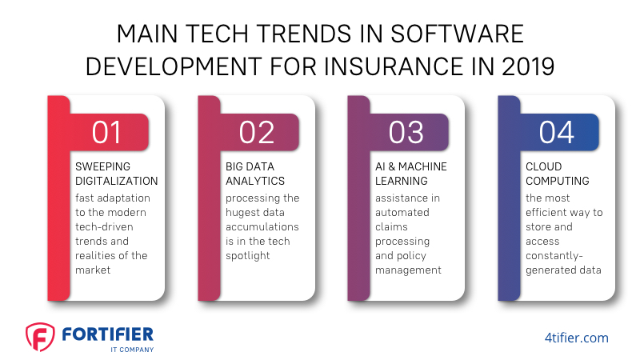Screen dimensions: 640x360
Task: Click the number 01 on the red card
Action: click(106, 132)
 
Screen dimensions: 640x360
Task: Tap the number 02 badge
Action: click(257, 132)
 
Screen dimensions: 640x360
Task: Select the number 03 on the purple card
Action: click(406, 132)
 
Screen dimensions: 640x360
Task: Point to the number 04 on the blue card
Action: click(556, 132)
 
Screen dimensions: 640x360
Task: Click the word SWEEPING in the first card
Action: click(103, 166)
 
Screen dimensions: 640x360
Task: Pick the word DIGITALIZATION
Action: click(116, 181)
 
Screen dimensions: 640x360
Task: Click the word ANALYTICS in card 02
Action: click(255, 181)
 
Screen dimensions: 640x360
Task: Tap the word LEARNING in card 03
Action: click(402, 181)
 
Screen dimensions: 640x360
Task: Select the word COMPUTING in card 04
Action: click(557, 181)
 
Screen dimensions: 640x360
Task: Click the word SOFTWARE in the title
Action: click(457, 34)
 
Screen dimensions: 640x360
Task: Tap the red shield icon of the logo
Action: click(40, 337)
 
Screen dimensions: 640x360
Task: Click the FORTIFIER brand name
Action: click(108, 334)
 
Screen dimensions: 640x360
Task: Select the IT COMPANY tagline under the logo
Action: click(132, 350)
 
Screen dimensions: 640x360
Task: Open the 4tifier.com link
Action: click(576, 338)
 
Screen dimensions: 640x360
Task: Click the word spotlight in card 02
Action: click(248, 256)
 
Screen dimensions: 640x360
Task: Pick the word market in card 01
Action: click(93, 270)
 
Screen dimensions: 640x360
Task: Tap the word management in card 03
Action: click(408, 270)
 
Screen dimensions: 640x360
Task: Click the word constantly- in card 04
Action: click(554, 256)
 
